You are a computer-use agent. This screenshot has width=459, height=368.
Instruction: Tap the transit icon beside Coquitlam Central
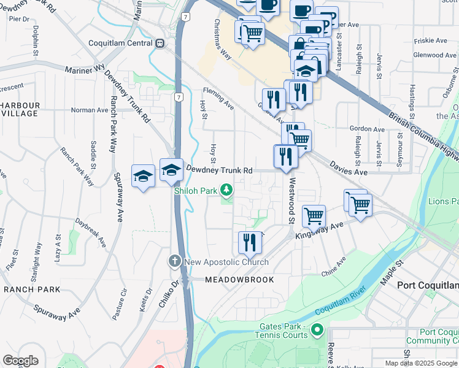coord(160,43)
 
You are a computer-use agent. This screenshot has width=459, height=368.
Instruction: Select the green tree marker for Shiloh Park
coord(227,191)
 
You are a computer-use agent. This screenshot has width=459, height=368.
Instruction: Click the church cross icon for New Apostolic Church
coord(175,262)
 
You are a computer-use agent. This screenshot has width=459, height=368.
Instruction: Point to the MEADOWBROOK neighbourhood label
coord(229,278)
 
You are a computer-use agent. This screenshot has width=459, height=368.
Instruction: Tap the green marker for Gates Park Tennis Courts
coord(317,331)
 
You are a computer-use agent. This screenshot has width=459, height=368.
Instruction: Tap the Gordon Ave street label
coord(366,129)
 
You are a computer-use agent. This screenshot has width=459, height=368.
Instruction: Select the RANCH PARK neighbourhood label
coord(32,289)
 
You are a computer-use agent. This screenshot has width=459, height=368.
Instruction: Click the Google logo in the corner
coord(20,361)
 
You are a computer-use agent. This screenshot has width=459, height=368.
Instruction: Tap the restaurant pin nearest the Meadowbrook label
coord(250,242)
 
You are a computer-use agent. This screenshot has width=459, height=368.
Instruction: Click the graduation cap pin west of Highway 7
coord(143,176)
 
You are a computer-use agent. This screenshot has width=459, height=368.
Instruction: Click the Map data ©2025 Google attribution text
coord(421,363)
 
